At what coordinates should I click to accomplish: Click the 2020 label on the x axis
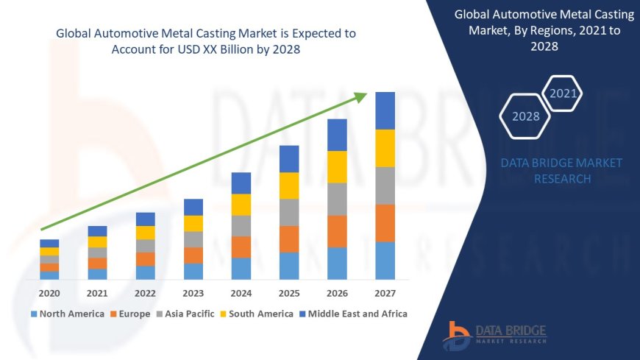pos(49,292)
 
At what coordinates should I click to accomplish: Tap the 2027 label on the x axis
pos(385,292)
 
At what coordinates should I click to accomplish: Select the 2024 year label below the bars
pos(241,292)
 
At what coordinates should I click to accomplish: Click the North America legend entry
pos(67,314)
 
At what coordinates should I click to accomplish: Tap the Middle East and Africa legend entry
pos(355,314)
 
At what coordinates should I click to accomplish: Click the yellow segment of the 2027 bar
pos(385,148)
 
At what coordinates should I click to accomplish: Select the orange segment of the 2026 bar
pos(337,231)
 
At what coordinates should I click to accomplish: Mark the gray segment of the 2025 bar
pos(289,212)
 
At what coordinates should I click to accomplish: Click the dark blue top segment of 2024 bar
pos(241,183)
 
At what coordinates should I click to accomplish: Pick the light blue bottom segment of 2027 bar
pos(385,261)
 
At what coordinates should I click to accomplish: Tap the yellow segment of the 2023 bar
pos(193,223)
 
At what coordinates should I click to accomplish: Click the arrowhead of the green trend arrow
pos(360,96)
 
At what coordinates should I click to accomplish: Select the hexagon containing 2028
pos(525,116)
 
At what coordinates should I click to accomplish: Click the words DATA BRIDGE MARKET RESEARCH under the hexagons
pos(561,171)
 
